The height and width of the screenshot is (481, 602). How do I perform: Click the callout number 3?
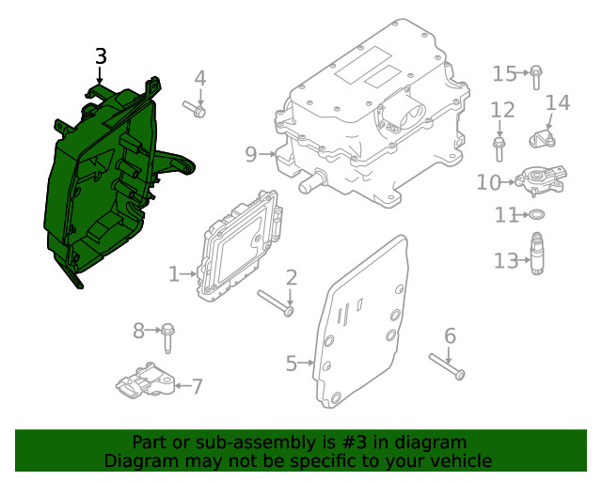point(101,56)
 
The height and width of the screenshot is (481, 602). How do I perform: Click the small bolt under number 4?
point(196,109)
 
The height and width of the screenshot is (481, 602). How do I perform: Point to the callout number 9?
point(250,153)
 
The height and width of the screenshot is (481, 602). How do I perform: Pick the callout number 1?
point(173,274)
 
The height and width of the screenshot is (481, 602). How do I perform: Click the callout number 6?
point(450,335)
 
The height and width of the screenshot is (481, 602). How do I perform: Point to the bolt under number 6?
point(446,365)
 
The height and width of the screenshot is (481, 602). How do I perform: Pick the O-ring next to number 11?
point(535,216)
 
